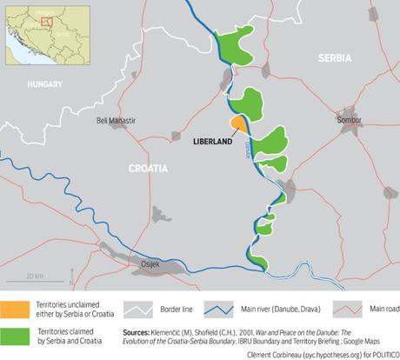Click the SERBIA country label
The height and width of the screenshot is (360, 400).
click(335, 58)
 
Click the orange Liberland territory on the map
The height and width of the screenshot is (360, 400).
click(237, 123)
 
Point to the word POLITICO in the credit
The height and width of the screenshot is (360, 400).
click(379, 353)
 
